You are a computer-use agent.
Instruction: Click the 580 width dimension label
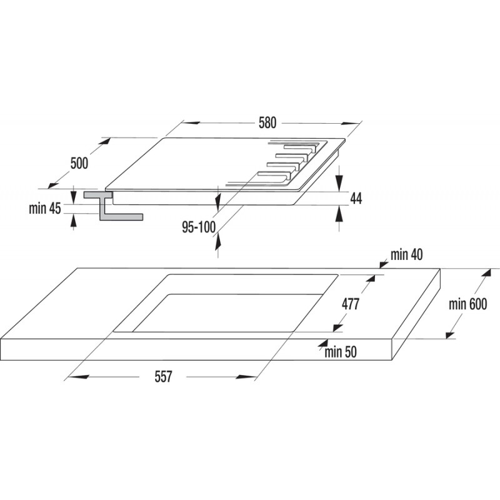267,122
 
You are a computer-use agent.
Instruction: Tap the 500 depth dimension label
79,163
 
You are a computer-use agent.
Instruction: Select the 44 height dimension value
356,198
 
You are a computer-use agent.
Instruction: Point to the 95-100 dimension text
199,227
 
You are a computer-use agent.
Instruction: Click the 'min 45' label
44,209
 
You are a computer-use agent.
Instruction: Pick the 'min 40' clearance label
407,254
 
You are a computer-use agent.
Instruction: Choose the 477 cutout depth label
351,304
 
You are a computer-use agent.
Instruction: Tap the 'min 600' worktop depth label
467,304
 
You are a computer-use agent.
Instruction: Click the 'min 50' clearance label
341,352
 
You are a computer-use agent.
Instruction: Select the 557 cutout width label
163,377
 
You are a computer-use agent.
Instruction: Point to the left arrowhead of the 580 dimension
191,122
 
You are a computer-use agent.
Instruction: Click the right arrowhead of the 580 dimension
351,123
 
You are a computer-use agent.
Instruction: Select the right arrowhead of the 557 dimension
246,377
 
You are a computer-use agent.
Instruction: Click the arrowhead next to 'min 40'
383,264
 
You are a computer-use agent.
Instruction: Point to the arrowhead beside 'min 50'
322,343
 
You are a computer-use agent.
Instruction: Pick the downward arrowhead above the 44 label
339,182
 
